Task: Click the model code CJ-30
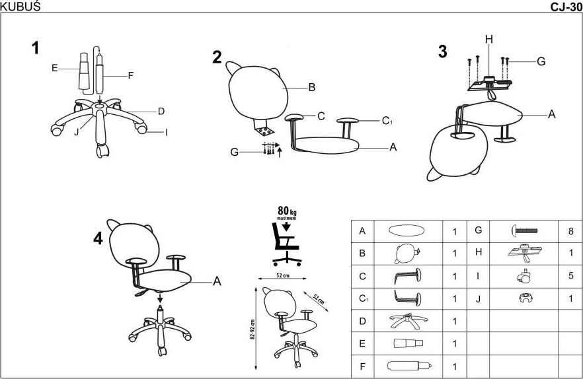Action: tap(565, 7)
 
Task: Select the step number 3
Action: tap(442, 52)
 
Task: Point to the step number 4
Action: tap(98, 239)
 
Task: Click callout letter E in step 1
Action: tap(54, 67)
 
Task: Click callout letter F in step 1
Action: tap(130, 76)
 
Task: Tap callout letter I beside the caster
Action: tap(166, 133)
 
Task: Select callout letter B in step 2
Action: tap(311, 86)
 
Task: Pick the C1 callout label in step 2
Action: tap(387, 121)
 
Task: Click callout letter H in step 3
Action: tap(488, 40)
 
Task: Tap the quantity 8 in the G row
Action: tap(570, 232)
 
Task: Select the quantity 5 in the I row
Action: tap(570, 275)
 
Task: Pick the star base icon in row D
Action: tap(407, 322)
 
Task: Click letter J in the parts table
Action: tap(477, 298)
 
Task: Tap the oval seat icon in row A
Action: tap(407, 231)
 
